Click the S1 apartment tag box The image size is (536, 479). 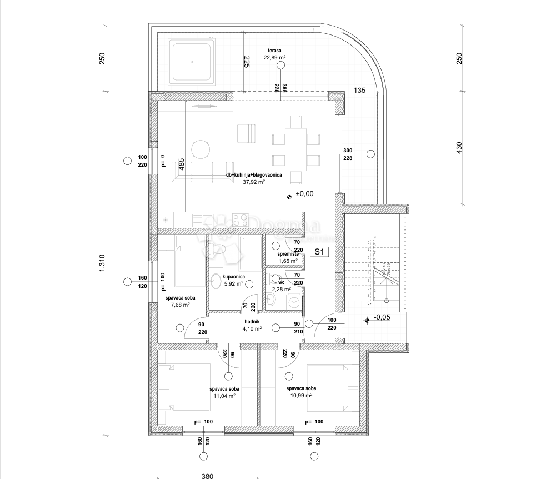pos(319,252)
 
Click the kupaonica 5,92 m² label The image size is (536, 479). pos(233,280)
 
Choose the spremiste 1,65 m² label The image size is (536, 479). pos(288,257)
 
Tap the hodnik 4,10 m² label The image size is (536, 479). pos(252,325)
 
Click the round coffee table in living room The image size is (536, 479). pos(201,148)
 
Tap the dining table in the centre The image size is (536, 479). pos(296,149)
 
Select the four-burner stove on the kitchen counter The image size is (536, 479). pos(240,219)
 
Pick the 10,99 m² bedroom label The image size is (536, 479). pos(301,392)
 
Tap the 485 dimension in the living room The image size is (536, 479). pos(181,164)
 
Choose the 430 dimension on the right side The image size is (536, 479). pos(459,148)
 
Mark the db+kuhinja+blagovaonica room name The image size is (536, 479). pos(253,175)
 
